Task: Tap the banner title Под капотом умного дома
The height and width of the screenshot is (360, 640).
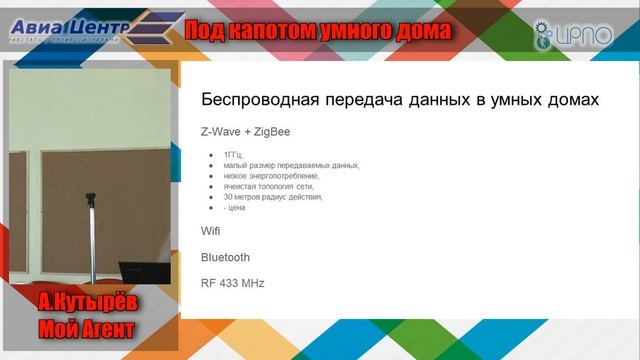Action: (317, 32)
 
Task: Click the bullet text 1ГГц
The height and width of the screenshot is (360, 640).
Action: (233, 155)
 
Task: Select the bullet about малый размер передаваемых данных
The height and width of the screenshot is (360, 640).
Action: (291, 165)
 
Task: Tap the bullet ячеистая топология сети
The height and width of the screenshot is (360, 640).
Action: (269, 186)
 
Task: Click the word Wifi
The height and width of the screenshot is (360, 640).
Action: (211, 231)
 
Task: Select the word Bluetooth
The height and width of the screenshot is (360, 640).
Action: (225, 257)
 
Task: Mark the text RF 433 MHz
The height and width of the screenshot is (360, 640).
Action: (232, 283)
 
